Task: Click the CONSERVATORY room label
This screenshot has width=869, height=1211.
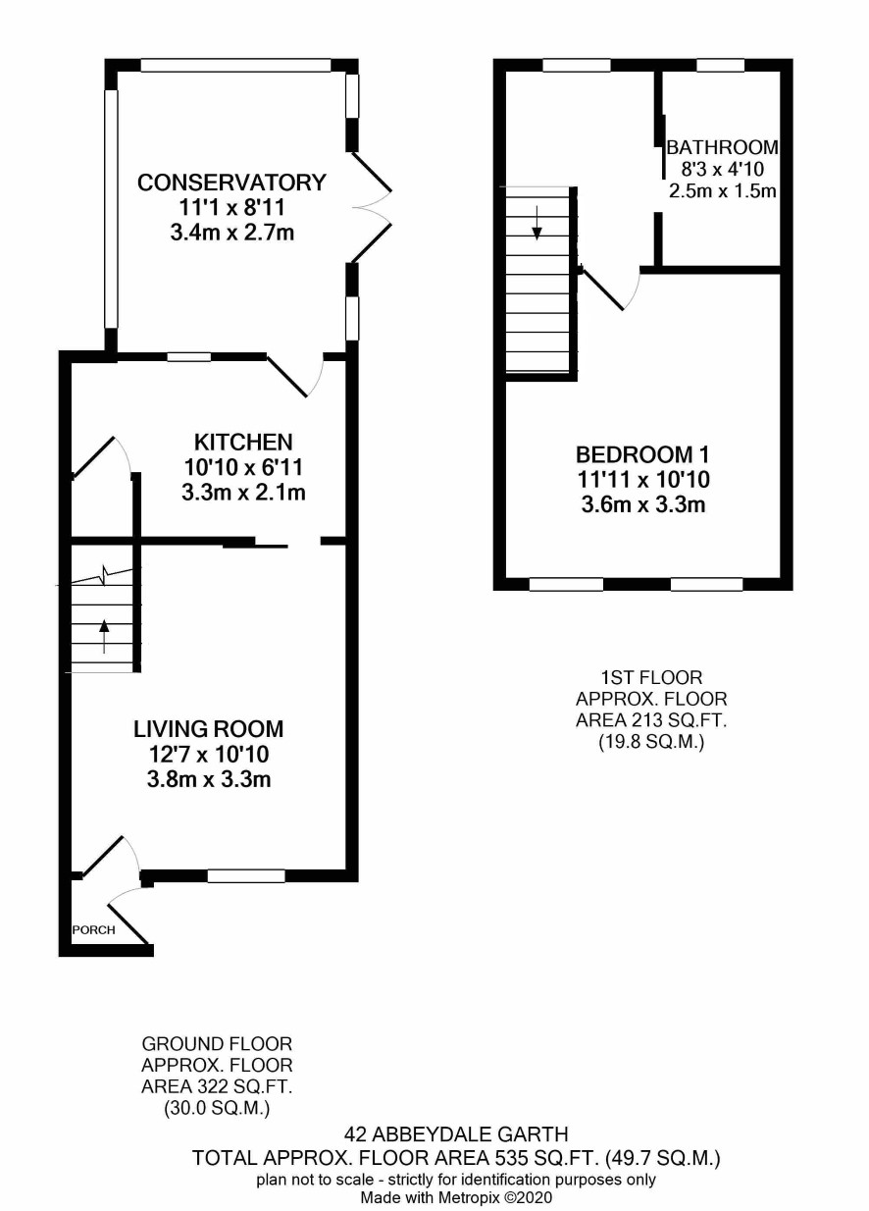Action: pos(231,183)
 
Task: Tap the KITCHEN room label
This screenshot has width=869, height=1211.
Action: pos(243,443)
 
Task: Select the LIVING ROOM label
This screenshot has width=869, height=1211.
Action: pos(209,729)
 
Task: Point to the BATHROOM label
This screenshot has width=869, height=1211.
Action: pos(722,147)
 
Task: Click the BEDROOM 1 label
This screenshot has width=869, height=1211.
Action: pos(642,454)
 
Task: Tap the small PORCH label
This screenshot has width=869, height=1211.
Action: pos(94,930)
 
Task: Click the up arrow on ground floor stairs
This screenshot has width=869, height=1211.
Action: pos(104,637)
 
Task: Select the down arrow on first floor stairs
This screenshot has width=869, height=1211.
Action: pos(537,223)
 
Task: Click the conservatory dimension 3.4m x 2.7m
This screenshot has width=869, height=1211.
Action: pos(231,233)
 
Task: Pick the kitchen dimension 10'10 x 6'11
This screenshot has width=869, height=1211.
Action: pos(243,467)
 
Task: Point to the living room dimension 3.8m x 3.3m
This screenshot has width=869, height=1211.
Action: pos(209,779)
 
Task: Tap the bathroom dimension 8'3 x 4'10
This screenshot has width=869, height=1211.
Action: pos(722,169)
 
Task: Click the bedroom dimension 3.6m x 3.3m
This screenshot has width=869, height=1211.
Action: pos(643,504)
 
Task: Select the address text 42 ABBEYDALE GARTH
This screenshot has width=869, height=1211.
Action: pos(456,1133)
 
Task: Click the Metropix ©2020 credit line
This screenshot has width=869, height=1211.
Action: pos(457,1197)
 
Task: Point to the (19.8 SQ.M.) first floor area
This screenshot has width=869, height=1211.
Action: pos(651,742)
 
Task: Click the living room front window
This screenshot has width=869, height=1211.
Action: pos(246,875)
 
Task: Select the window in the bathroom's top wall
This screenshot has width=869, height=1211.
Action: pos(720,66)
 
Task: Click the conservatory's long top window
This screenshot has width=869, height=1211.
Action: pos(235,66)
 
